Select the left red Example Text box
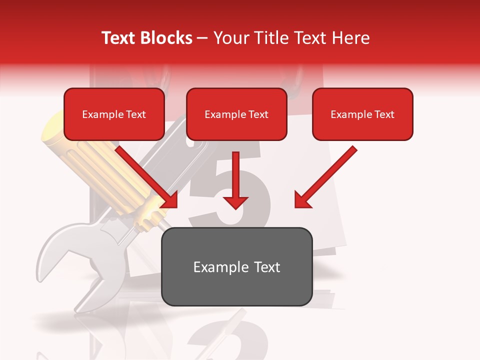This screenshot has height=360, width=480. click(x=114, y=114)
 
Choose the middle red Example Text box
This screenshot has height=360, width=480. click(x=236, y=114)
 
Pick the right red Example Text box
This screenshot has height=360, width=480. click(x=362, y=114)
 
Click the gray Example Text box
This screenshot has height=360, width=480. click(x=237, y=267)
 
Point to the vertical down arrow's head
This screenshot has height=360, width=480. click(x=235, y=202)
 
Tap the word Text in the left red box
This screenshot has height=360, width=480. click(x=135, y=114)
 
